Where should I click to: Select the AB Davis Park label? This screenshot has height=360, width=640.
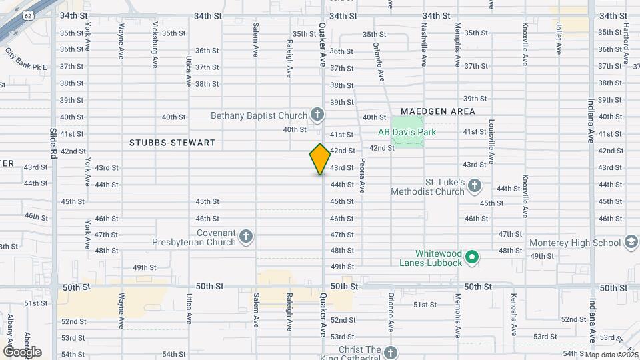pyautogui.click(x=407, y=132)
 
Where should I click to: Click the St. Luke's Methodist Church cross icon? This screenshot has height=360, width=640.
pyautogui.click(x=474, y=185)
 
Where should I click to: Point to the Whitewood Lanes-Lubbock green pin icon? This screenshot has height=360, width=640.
pyautogui.click(x=472, y=257)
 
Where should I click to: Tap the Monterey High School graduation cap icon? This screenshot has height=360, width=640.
pyautogui.click(x=631, y=243)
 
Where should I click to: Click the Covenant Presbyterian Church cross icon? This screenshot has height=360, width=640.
pyautogui.click(x=246, y=237)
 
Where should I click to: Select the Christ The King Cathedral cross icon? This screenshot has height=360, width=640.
pyautogui.click(x=391, y=352)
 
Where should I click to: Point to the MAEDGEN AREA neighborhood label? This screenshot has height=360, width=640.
pyautogui.click(x=438, y=111)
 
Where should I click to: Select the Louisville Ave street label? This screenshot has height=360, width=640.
pyautogui.click(x=491, y=142)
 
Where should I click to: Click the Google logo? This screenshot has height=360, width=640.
pyautogui.click(x=22, y=351)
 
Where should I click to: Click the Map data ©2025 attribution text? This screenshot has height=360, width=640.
pyautogui.click(x=611, y=354)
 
